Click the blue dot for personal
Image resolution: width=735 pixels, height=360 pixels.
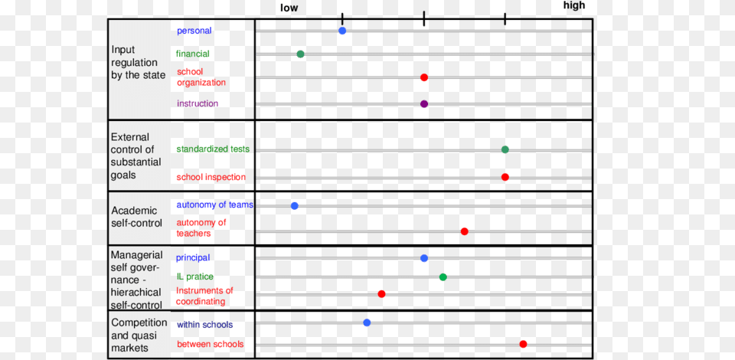[342, 31]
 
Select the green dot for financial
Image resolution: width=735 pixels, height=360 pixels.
[300, 54]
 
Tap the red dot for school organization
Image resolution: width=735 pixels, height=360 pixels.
[424, 77]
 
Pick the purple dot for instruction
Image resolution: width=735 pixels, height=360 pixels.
[424, 103]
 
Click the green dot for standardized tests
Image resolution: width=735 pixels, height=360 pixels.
[505, 149]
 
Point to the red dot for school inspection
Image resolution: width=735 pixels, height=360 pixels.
[505, 177]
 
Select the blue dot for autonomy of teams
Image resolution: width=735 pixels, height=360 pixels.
[294, 205]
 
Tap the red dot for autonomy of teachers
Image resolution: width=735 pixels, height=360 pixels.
[464, 231]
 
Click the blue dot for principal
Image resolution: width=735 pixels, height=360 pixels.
[424, 258]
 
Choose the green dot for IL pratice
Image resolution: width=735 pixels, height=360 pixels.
[443, 277]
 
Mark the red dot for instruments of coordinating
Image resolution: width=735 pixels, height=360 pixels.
[381, 294]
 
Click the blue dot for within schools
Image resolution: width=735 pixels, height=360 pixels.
[367, 322]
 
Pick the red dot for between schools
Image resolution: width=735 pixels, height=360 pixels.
[523, 344]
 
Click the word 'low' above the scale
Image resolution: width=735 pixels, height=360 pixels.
[289, 8]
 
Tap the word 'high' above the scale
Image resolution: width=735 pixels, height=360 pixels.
[573, 6]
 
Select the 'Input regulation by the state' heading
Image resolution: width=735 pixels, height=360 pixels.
[138, 63]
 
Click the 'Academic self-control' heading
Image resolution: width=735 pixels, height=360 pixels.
[137, 217]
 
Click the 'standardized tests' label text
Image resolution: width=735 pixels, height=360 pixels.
[213, 149]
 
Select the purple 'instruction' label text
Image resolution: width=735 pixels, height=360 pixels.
[198, 103]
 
